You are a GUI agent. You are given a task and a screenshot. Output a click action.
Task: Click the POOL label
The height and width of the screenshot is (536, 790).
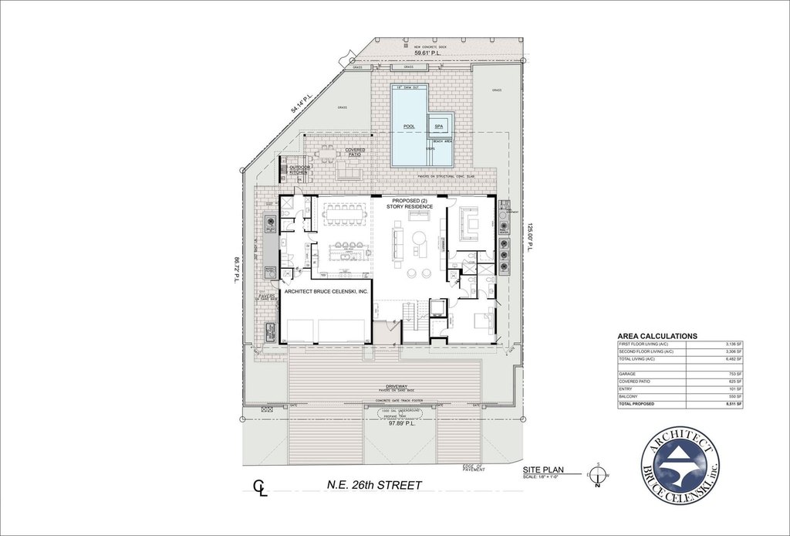[x=409, y=126]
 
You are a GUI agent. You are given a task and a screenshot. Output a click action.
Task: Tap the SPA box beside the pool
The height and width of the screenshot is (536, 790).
[x=439, y=126]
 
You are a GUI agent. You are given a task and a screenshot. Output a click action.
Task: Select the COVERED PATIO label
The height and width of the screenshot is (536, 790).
[x=355, y=152]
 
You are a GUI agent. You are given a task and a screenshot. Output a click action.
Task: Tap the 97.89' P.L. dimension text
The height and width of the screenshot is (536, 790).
[x=401, y=423]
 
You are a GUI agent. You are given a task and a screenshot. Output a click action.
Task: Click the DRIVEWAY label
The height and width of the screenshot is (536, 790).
[x=401, y=386]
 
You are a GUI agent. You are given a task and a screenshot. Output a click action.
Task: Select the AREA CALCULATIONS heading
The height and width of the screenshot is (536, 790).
[x=657, y=336]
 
